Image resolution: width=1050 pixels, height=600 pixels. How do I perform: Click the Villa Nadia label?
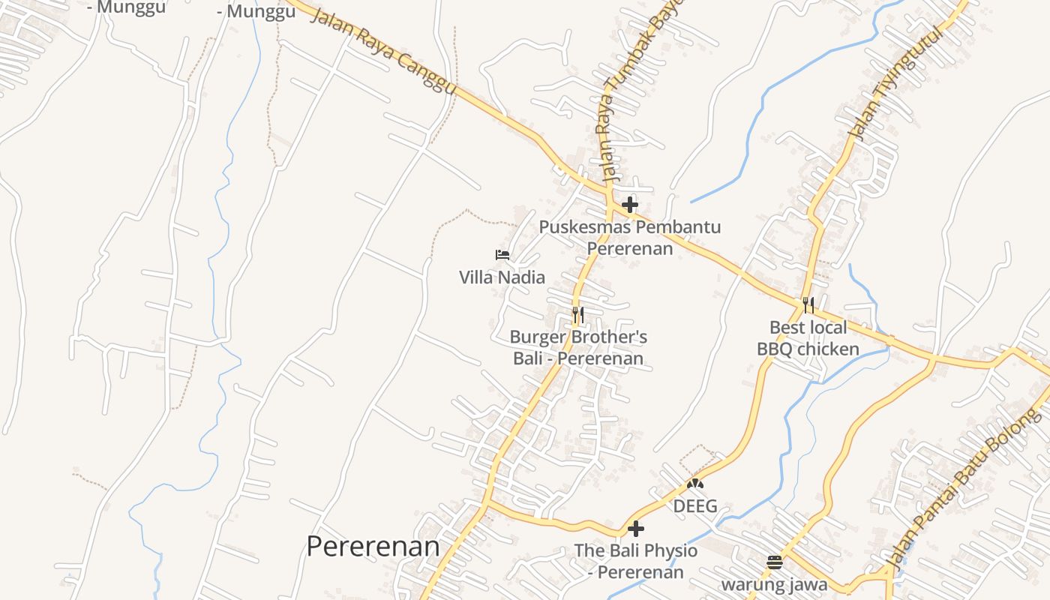click(502, 277)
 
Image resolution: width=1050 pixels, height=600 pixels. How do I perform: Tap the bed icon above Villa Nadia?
click(502, 255)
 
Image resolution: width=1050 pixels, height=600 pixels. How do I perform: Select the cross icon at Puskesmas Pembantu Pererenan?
click(630, 204)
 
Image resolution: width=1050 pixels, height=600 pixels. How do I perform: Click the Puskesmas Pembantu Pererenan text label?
click(630, 237)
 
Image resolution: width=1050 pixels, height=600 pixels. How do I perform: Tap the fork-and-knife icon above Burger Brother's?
click(577, 315)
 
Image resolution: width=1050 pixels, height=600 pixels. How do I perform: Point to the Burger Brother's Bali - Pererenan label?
click(577, 348)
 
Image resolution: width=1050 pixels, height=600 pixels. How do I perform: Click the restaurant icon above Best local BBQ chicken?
click(808, 305)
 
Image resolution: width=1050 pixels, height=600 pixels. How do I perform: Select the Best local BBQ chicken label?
click(808, 338)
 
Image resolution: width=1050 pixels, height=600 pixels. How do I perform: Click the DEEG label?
click(694, 506)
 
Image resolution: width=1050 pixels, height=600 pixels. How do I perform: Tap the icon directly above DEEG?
click(695, 484)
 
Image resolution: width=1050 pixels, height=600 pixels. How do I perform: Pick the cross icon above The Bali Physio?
click(635, 529)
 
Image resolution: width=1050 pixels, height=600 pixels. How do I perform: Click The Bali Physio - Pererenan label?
click(635, 561)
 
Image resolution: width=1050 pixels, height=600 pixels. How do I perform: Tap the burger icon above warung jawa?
click(775, 562)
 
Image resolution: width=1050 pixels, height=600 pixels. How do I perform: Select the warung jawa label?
click(775, 584)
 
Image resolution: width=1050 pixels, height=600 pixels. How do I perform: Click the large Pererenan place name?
click(373, 546)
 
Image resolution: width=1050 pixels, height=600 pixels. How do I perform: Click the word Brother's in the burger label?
click(605, 337)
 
